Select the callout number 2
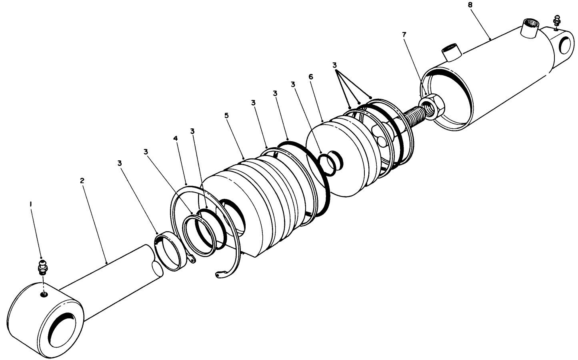82,180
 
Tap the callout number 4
175,138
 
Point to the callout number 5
226,115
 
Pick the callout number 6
310,76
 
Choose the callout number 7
404,34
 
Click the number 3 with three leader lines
334,65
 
